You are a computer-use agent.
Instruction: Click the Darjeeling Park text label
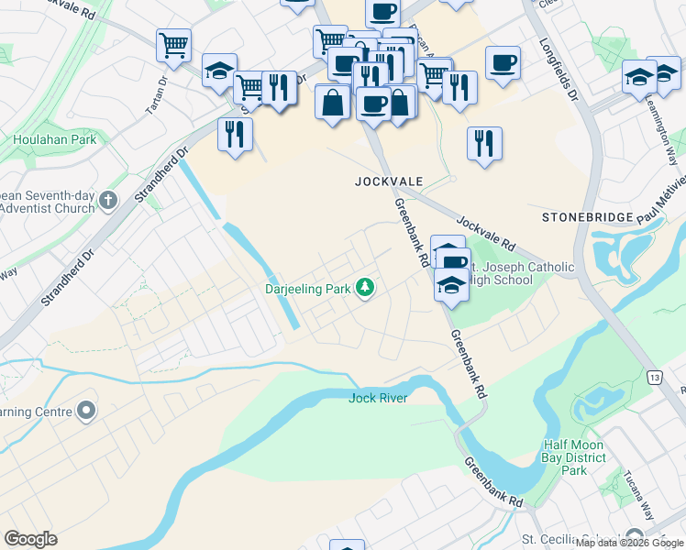[x=307, y=289]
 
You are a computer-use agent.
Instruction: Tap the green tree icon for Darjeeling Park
[x=366, y=289]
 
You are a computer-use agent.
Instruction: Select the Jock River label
[x=377, y=398]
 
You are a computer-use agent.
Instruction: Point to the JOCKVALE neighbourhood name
[x=389, y=181]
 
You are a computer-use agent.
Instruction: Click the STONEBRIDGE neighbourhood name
[x=588, y=217]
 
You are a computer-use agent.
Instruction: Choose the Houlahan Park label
[x=55, y=140]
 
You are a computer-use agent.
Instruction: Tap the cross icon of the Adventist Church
[x=108, y=200]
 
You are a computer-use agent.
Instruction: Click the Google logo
[x=30, y=539]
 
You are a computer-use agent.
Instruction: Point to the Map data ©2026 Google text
[x=630, y=544]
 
